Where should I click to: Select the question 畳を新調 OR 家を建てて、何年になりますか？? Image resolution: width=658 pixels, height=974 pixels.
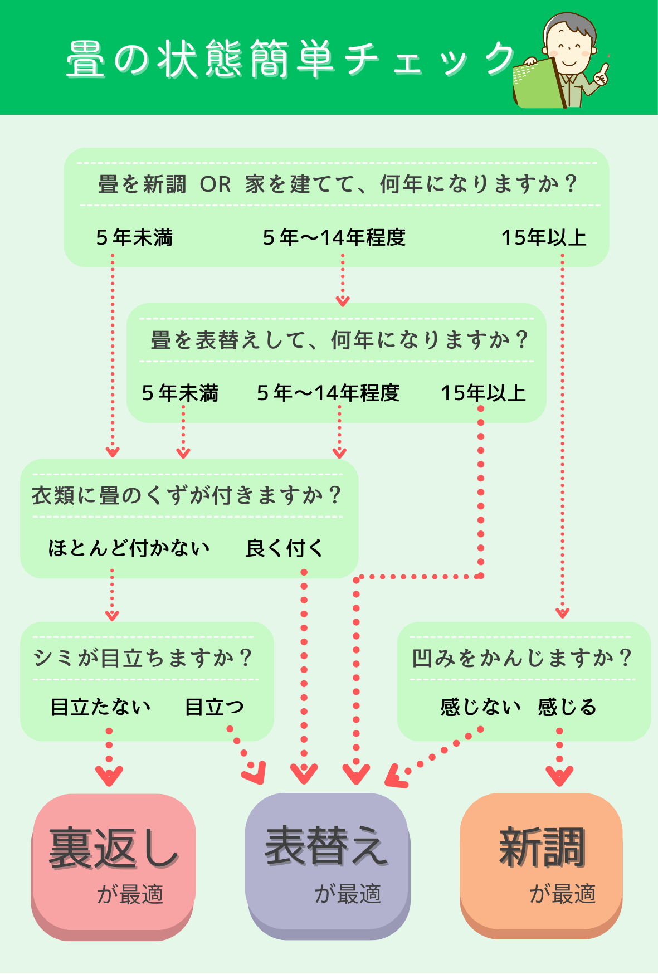tap(337, 184)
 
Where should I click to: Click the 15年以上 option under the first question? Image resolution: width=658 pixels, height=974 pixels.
tap(544, 238)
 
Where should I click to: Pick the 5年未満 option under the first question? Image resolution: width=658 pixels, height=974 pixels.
tap(134, 238)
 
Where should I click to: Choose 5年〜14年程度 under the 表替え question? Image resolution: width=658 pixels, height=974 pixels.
tap(328, 393)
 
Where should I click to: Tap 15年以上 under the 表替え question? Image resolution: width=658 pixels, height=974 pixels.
tap(483, 393)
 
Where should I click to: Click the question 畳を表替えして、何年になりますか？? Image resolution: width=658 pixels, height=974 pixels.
tap(339, 340)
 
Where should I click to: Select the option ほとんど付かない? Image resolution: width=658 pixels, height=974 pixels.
tap(129, 548)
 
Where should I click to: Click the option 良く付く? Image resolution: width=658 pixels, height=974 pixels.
tap(284, 548)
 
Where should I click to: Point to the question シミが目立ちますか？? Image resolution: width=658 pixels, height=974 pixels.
tap(143, 658)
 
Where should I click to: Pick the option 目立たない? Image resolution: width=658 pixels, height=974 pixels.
tap(101, 707)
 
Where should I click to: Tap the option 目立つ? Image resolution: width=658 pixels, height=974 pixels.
tap(215, 707)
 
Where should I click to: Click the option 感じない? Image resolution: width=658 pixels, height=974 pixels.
tap(480, 707)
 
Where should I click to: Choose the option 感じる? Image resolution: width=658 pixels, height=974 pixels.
tap(567, 707)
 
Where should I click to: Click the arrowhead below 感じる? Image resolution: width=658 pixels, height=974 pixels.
tap(559, 775)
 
